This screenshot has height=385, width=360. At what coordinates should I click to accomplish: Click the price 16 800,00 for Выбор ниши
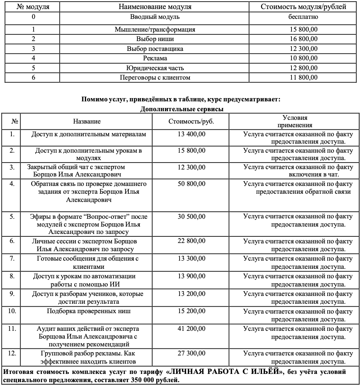(x=303, y=39)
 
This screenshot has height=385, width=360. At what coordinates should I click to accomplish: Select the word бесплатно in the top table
(x=303, y=17)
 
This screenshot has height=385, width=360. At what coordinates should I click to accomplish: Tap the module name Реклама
(x=155, y=58)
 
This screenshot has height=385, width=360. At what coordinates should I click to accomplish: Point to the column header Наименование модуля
(x=155, y=7)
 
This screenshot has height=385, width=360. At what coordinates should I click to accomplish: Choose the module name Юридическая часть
(x=155, y=68)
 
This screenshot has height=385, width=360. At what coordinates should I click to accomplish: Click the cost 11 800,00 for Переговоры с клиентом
(x=303, y=77)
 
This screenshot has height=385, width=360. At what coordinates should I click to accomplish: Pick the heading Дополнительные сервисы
(x=182, y=109)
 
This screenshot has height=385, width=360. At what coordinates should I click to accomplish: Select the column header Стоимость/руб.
(x=191, y=121)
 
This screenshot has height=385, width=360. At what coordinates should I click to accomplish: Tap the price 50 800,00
(x=191, y=184)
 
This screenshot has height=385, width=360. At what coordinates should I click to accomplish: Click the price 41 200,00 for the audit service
(x=191, y=329)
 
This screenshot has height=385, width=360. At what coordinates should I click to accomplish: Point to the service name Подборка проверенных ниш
(x=89, y=311)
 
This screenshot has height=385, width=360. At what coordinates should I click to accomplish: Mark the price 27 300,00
(x=191, y=353)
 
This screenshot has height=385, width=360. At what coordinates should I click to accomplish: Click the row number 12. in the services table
(x=12, y=353)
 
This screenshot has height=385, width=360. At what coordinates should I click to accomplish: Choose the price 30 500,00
(x=191, y=217)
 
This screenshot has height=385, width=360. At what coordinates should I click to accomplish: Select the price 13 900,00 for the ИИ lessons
(x=191, y=276)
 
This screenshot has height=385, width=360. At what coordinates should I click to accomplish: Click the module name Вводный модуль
(x=155, y=17)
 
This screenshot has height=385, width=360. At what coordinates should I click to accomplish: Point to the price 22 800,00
(x=191, y=241)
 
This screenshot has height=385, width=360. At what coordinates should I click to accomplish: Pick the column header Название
(x=87, y=121)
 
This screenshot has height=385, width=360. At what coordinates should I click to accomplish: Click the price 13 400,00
(x=191, y=134)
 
